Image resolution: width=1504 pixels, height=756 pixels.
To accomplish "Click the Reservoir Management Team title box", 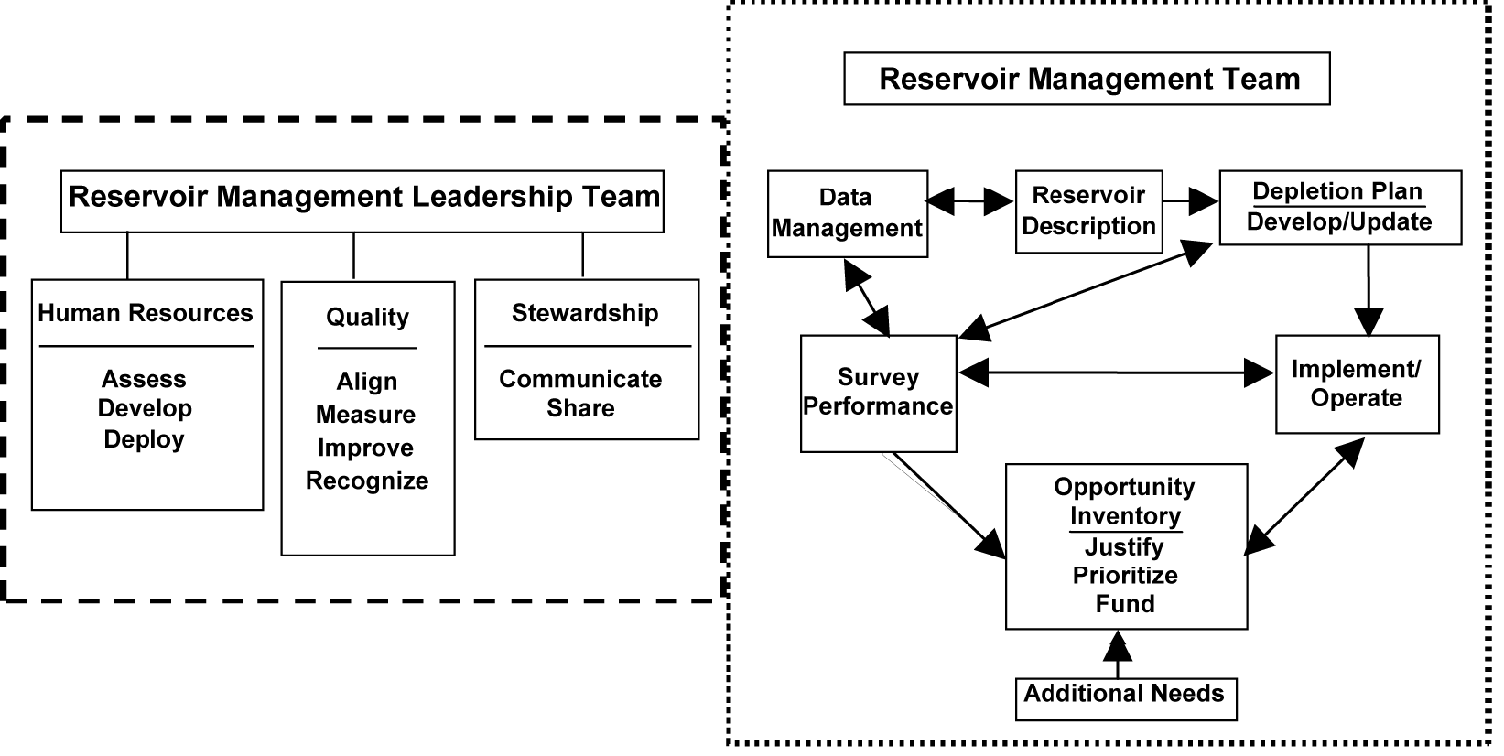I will point(1087,79).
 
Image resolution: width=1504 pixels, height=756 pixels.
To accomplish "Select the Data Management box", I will point(847,213).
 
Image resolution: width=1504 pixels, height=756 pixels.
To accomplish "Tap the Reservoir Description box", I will point(1088,211).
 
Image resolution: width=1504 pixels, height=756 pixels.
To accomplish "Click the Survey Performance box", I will point(878,393).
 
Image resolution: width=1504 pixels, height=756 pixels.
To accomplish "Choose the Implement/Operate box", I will point(1357,383).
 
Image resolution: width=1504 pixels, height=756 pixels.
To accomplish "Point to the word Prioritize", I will point(1125,576).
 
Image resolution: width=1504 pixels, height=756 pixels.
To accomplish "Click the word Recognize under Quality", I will point(367,481).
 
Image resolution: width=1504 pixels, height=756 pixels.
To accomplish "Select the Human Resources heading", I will point(146,313).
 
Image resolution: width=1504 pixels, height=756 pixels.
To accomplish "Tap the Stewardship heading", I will point(585,313).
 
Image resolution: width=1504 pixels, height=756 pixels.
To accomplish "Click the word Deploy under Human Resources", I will point(144,439).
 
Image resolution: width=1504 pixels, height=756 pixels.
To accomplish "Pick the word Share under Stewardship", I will point(580,408).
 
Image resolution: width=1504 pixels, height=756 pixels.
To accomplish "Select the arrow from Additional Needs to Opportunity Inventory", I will point(1118,653).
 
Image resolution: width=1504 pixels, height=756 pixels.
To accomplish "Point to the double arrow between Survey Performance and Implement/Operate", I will point(1116,372).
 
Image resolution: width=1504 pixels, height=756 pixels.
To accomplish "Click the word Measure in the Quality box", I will point(365,415).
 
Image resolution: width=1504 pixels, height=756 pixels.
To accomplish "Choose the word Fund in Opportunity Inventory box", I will point(1125,604).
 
